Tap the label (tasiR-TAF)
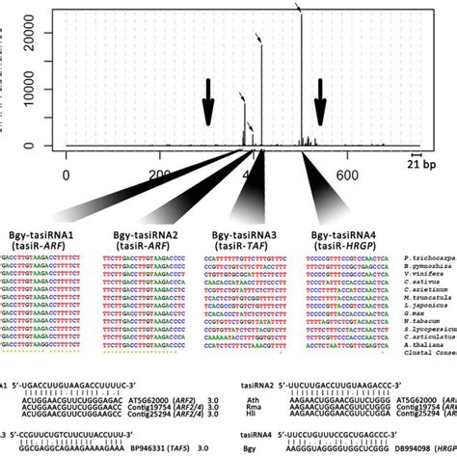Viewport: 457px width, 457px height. pos(234,246)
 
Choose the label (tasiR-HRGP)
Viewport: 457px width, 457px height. pos(335,246)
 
